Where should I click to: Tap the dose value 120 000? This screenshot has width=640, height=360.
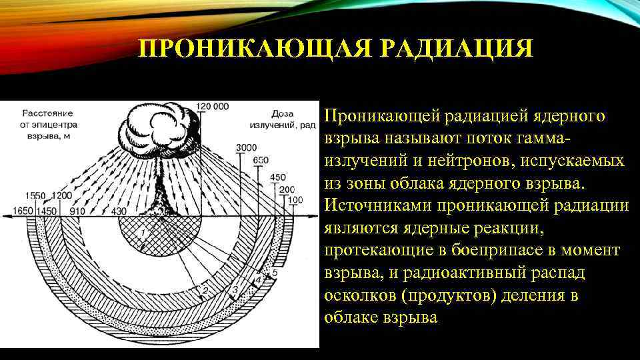coord(213,106)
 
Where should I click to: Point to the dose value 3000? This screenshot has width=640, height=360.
coord(246,147)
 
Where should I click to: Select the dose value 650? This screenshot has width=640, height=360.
coord(261,160)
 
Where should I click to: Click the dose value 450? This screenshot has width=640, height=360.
coord(278,177)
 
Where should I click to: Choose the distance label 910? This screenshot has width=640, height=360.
coord(77,211)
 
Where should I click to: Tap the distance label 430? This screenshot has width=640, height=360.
coord(118,211)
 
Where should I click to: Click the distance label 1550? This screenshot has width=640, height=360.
coord(35,195)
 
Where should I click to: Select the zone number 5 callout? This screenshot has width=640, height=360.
coord(275,273)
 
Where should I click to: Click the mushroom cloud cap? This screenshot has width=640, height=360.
coord(158,123)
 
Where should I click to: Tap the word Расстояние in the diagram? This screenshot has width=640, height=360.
coord(46,113)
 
